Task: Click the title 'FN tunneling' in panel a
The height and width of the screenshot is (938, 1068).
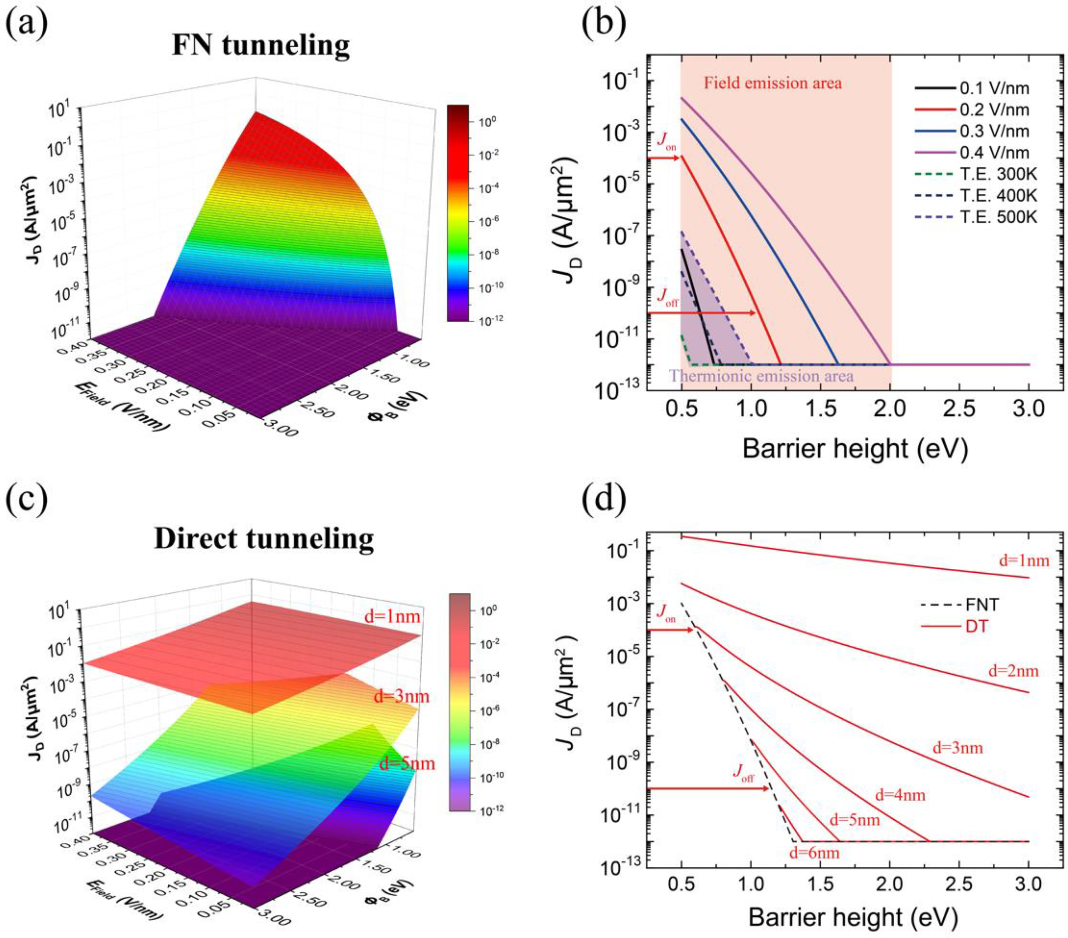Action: pos(261,46)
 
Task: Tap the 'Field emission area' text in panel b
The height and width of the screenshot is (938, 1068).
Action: pos(772,83)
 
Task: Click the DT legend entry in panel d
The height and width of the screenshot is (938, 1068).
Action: pos(977,626)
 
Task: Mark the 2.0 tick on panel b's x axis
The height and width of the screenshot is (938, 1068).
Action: pos(890,408)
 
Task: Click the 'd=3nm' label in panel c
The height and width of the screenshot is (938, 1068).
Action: pos(401,697)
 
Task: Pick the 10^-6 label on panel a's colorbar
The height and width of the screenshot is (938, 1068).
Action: pos(487,221)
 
